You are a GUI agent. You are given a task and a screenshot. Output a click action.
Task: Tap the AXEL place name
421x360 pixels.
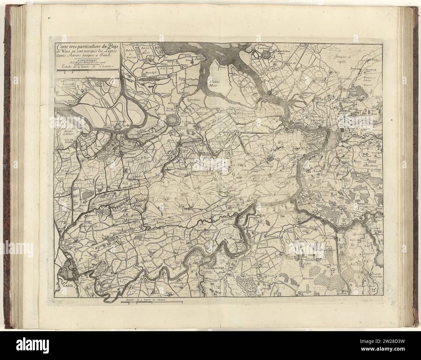coord(125,122)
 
